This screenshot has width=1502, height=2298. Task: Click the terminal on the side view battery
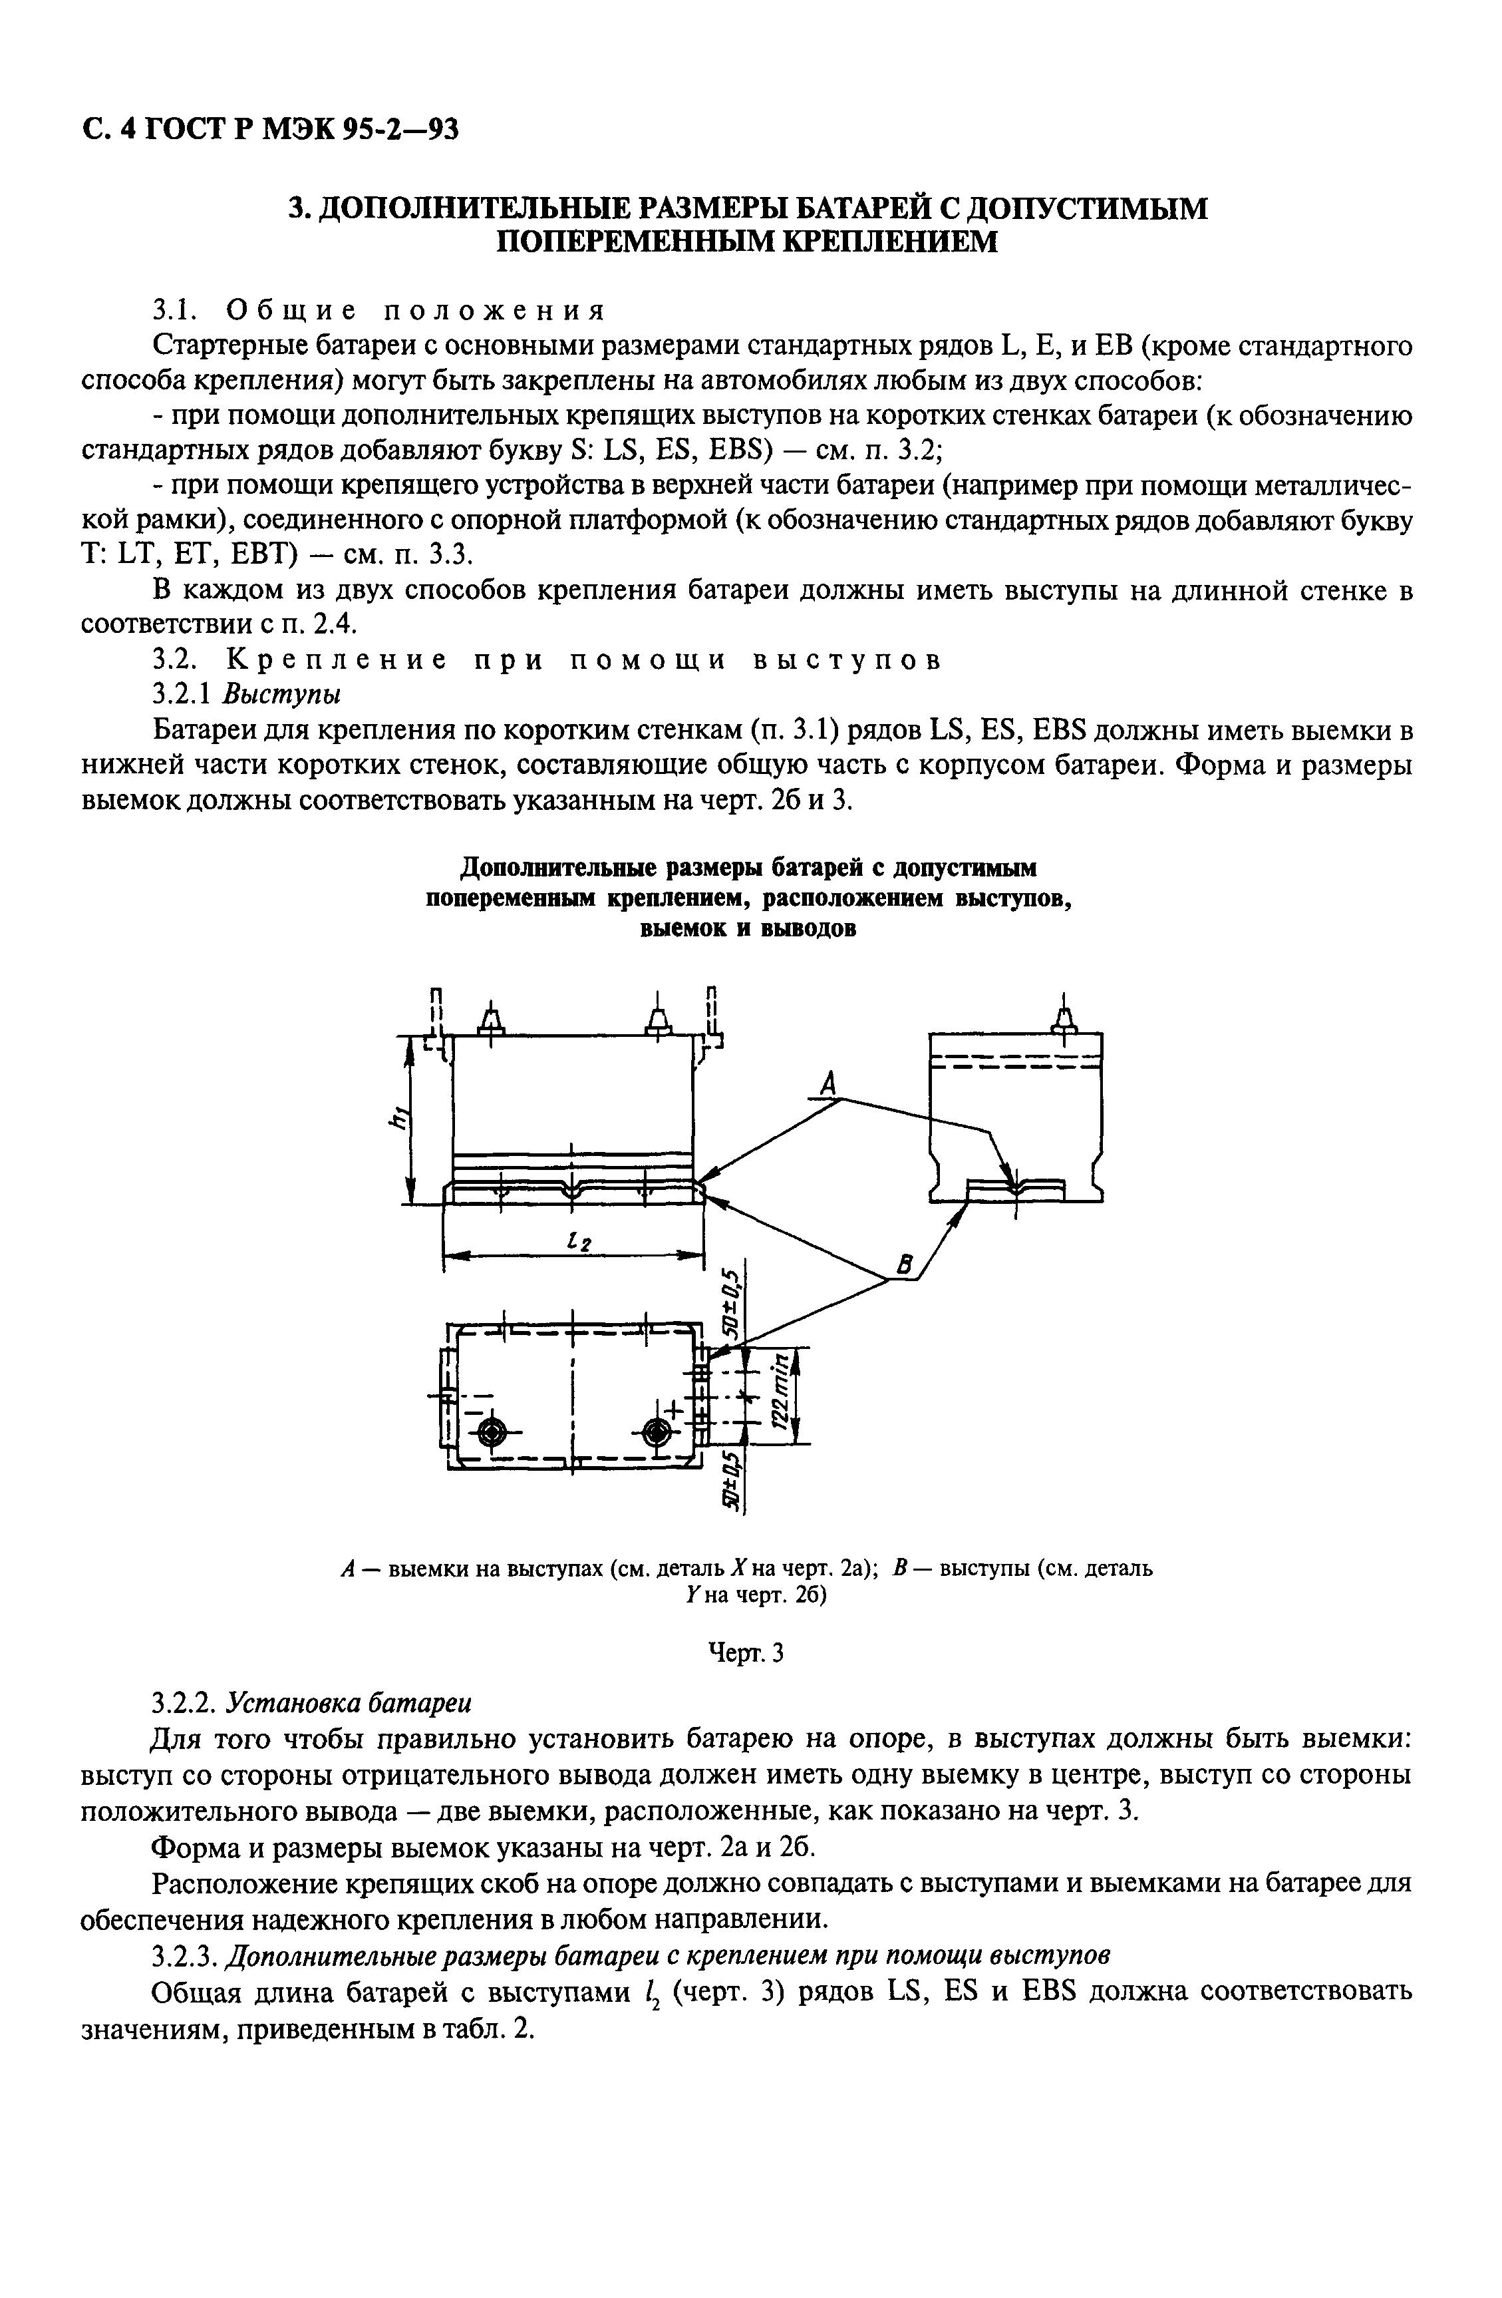tap(1064, 1020)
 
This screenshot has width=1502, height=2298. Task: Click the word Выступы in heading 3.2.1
tap(282, 694)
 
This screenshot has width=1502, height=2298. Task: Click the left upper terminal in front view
tap(490, 1020)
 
